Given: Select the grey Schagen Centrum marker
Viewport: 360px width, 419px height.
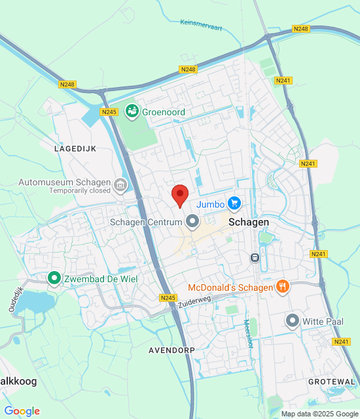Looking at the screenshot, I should tap(192, 222).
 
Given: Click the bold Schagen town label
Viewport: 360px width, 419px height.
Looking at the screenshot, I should tap(249, 223).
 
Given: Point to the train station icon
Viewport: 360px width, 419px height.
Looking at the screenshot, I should tap(255, 257).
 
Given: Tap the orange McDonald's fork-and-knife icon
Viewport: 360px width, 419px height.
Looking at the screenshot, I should tap(283, 286).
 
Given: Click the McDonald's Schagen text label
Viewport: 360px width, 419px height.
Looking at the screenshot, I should tap(230, 287).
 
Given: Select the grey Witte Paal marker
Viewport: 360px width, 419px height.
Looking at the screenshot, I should tap(293, 321).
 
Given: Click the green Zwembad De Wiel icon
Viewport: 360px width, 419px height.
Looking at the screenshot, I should tap(54, 279).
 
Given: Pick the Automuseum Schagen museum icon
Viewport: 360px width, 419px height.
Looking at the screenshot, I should tap(120, 185).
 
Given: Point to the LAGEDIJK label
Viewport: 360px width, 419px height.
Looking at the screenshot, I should tap(75, 149).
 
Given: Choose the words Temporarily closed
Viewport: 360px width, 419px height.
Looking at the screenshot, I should tap(79, 191).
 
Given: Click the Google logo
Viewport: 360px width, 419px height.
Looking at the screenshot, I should tap(22, 411).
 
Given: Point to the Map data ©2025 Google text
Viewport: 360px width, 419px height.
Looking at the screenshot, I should tap(319, 414).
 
